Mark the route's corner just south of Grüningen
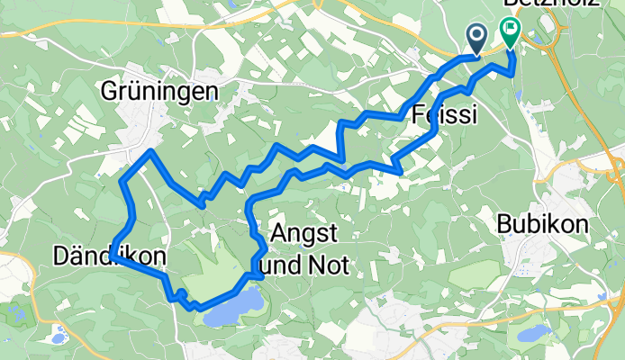(150, 151)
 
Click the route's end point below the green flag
(512, 74)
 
